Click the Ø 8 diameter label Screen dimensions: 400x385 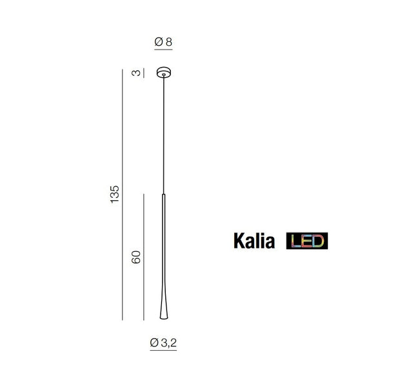click(163, 42)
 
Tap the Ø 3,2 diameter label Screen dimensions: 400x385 click(163, 343)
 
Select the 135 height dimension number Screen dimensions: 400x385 click(115, 194)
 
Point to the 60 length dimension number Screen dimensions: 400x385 click(136, 257)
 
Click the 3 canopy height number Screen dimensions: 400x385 click(136, 73)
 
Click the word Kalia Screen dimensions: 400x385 click(254, 241)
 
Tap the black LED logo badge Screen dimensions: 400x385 click(307, 241)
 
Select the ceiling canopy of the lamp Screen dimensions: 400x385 click(164, 72)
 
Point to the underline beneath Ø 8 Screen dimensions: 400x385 click(163, 49)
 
